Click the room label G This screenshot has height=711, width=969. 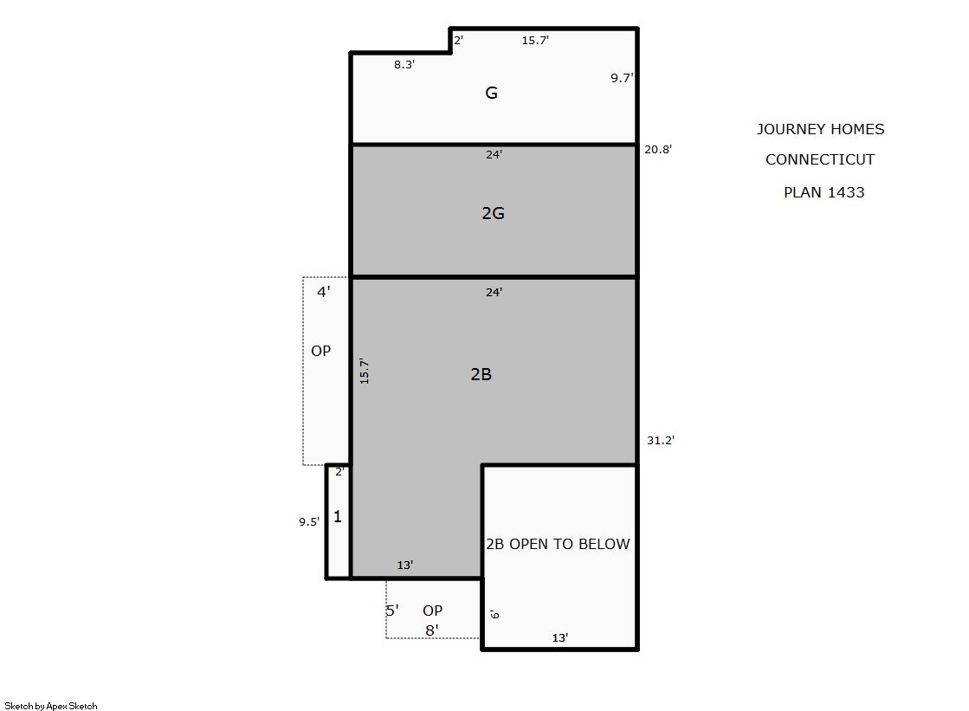(491, 93)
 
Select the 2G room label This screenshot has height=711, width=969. (493, 213)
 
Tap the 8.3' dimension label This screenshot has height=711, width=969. (404, 64)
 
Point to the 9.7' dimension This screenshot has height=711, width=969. (622, 78)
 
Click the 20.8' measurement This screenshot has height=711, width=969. (657, 149)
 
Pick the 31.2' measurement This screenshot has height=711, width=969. (661, 440)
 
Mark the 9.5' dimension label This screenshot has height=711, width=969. (309, 522)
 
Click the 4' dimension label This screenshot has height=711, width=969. (324, 292)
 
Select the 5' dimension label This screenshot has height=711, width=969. (391, 611)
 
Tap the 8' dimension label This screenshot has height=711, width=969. (432, 630)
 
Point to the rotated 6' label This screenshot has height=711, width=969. (494, 614)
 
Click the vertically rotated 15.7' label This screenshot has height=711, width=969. (365, 372)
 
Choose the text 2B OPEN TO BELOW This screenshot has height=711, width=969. (558, 544)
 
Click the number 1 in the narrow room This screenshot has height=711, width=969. (338, 516)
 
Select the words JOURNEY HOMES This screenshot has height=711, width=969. (821, 129)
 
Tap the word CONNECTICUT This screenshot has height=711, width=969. (820, 159)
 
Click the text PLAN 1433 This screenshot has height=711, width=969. (824, 192)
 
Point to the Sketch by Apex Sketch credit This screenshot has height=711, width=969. (51, 706)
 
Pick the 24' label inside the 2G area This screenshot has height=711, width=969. (494, 154)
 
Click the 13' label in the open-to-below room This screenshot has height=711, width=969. (560, 638)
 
